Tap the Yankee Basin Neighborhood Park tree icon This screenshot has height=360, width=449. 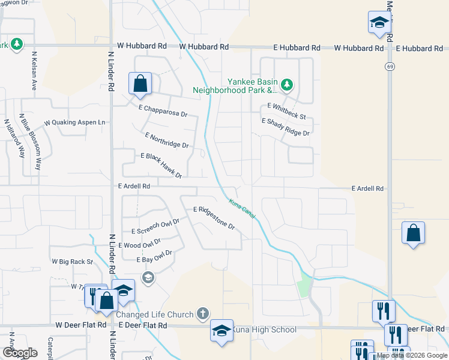287,85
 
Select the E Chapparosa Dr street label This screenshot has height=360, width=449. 163,111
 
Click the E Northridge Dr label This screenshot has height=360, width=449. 167,141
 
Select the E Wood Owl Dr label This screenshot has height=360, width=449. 140,244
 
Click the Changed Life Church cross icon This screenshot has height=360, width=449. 203,314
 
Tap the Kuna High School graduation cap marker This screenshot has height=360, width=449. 221,331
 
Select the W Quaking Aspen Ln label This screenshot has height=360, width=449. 74,122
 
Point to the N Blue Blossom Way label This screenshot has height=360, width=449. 29,142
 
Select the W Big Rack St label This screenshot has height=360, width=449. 73,262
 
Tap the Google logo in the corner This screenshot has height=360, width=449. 19,353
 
